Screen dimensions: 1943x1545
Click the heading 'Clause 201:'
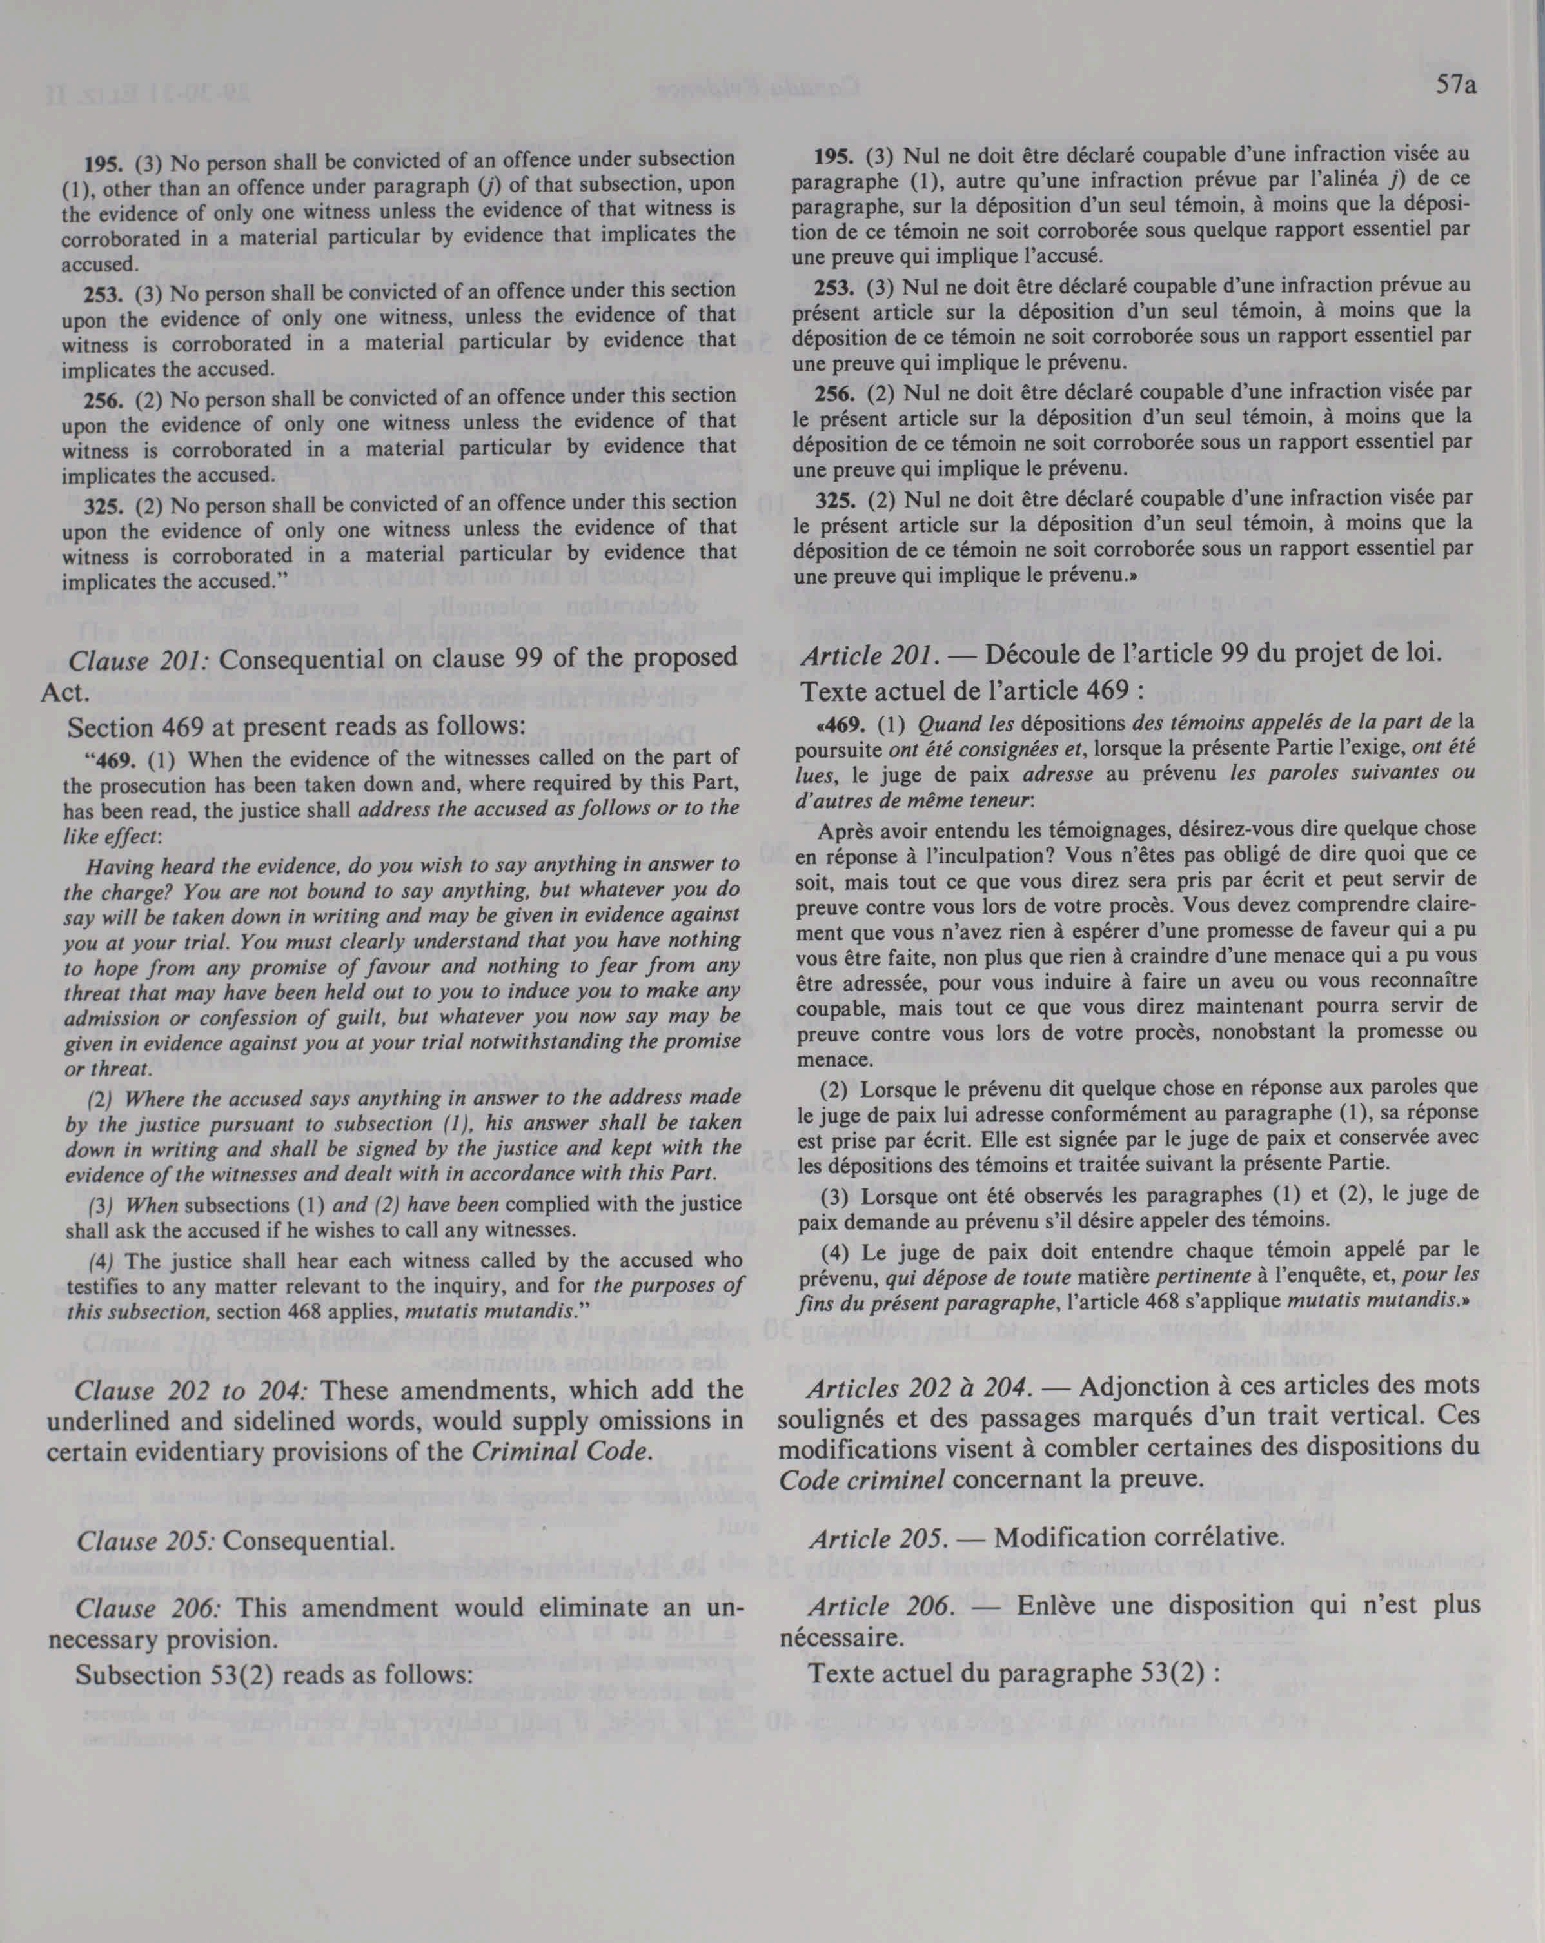point(140,660)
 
